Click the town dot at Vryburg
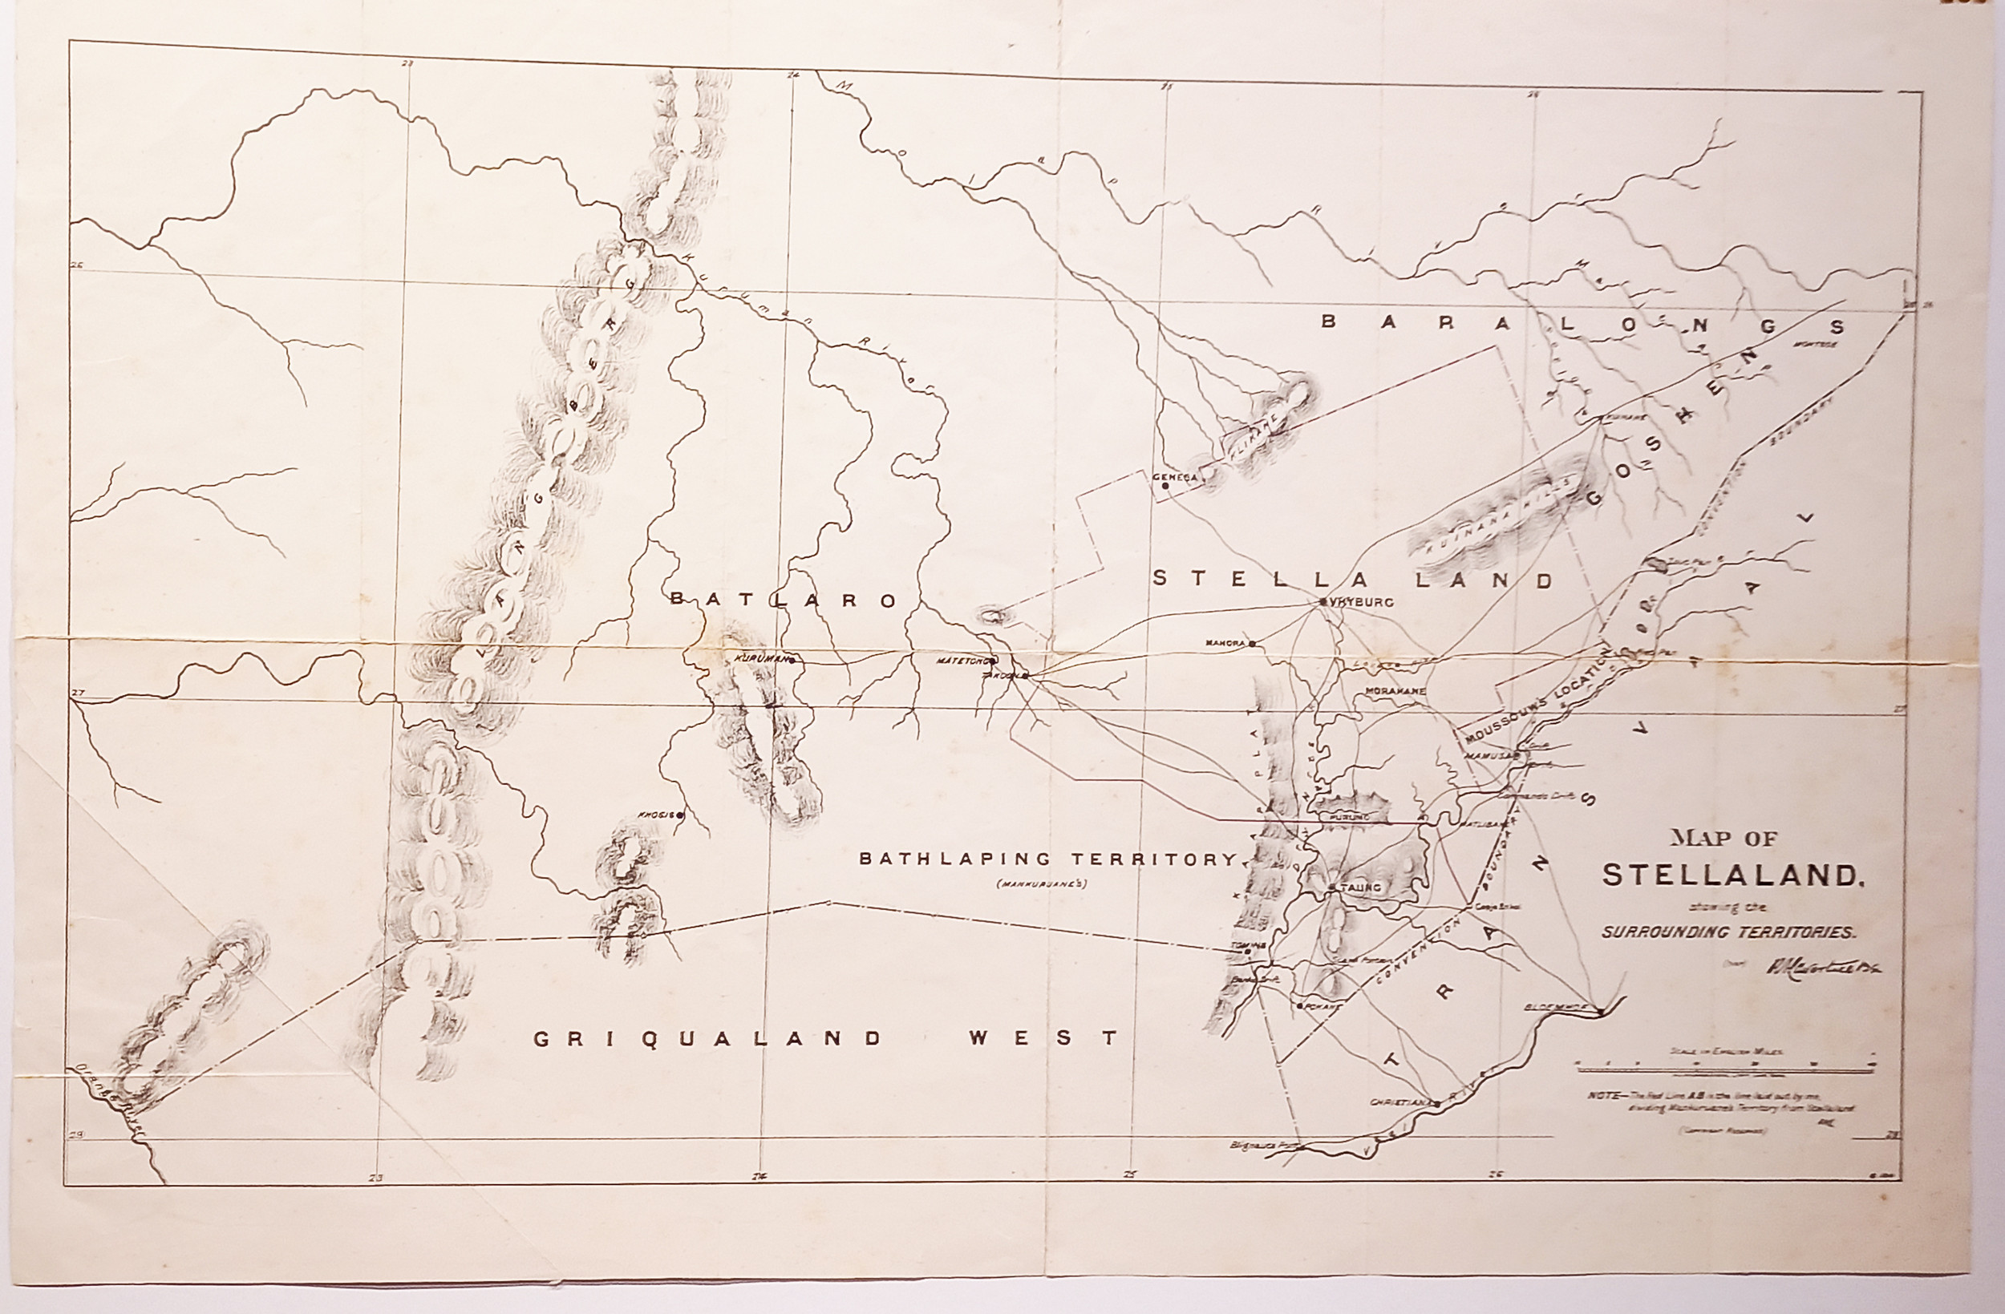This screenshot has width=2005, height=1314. tap(1323, 601)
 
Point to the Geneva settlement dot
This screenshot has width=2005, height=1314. tap(1165, 485)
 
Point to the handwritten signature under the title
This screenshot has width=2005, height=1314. tap(1820, 967)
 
